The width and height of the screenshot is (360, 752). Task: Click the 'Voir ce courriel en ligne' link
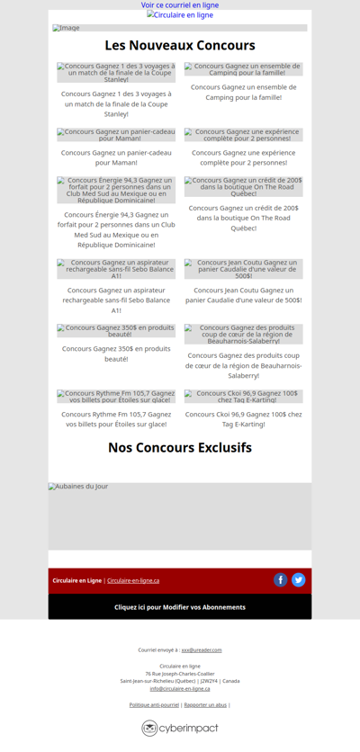tap(180, 5)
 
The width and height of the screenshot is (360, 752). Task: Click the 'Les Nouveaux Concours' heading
tap(180, 45)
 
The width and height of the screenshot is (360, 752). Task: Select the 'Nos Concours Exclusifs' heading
tap(180, 447)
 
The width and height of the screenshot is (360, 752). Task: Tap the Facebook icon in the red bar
tap(281, 580)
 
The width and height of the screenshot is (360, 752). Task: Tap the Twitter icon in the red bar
tap(299, 580)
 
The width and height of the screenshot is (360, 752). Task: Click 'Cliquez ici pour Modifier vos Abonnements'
tap(180, 607)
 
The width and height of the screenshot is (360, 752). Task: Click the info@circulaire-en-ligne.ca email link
tap(180, 688)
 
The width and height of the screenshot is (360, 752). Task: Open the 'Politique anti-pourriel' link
tap(154, 704)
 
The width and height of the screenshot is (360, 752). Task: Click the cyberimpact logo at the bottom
tap(180, 728)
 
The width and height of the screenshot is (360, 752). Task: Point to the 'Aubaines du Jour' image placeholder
tap(180, 515)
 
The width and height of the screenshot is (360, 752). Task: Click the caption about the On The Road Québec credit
tap(244, 218)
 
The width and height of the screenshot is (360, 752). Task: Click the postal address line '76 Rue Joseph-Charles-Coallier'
tap(180, 674)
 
